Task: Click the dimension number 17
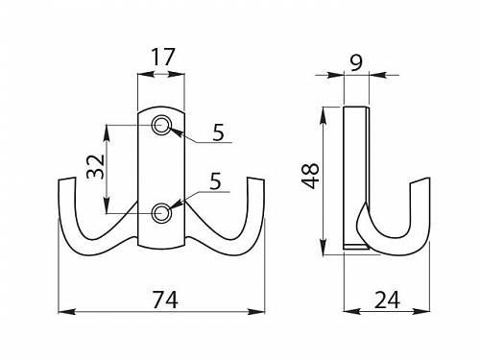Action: (163, 58)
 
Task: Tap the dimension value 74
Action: (165, 300)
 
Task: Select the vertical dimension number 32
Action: (96, 167)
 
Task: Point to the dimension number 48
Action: (311, 176)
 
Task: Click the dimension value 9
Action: (356, 62)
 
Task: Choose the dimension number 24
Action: (387, 300)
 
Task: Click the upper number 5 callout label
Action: (219, 132)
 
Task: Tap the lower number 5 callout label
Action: (215, 181)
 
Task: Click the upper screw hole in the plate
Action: (161, 125)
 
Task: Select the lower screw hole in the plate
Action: (161, 213)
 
